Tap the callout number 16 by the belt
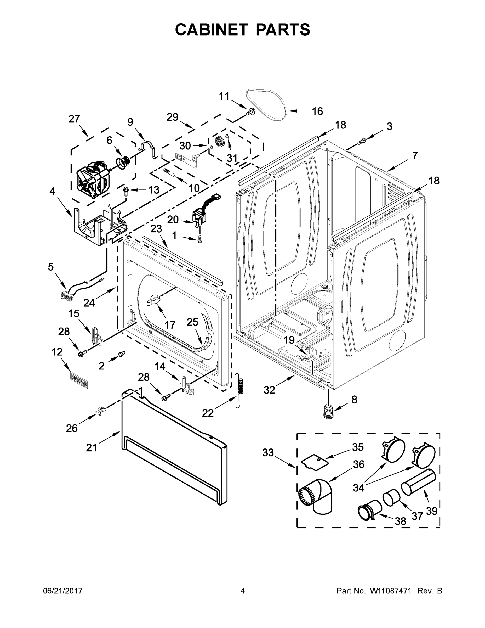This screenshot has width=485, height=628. tap(317, 111)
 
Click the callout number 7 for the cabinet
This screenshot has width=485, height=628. tap(414, 156)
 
